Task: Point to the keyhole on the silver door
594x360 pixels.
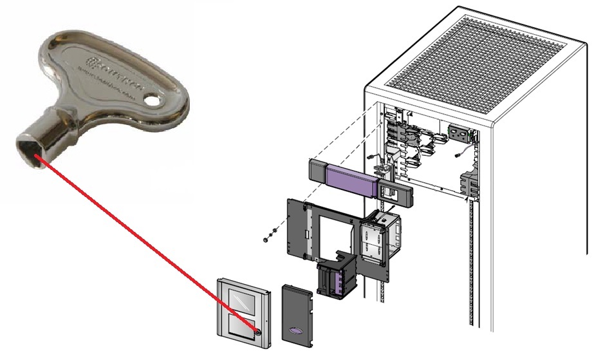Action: (x=258, y=332)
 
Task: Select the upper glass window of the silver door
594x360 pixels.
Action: (x=241, y=297)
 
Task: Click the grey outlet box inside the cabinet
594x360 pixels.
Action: (x=459, y=133)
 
